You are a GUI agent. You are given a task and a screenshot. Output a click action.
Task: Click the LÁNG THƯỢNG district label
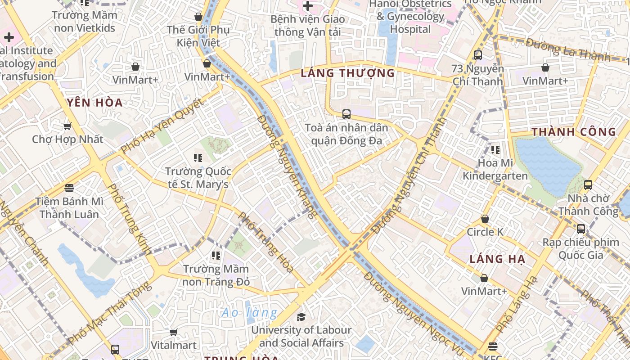(347, 73)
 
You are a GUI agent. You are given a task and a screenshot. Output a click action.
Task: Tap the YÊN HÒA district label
(95, 103)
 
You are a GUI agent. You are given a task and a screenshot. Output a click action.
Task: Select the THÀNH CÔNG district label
(574, 132)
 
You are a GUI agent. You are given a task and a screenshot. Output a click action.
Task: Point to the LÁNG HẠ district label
(497, 259)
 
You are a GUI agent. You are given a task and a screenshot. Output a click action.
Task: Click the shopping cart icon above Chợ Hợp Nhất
(67, 126)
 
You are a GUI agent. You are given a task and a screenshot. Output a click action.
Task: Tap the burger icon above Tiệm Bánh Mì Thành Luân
(69, 188)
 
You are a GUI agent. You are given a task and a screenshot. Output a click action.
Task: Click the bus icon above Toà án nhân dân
(346, 114)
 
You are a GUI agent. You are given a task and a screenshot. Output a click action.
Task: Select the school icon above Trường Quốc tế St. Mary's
(198, 158)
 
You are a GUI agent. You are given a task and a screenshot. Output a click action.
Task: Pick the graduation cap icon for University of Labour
(301, 317)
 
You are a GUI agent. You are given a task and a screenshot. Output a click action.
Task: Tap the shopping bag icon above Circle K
(485, 219)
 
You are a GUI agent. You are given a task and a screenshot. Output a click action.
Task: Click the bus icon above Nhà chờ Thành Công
(588, 184)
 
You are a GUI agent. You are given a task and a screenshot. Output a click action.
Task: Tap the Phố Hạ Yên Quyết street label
(162, 126)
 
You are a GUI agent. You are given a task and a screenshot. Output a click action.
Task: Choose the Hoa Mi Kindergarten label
(495, 169)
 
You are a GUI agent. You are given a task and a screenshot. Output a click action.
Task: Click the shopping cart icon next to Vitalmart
(173, 332)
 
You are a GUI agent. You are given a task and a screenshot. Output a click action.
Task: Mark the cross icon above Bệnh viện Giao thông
(308, 6)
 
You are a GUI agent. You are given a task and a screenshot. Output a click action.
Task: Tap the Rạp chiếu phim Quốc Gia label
(580, 248)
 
